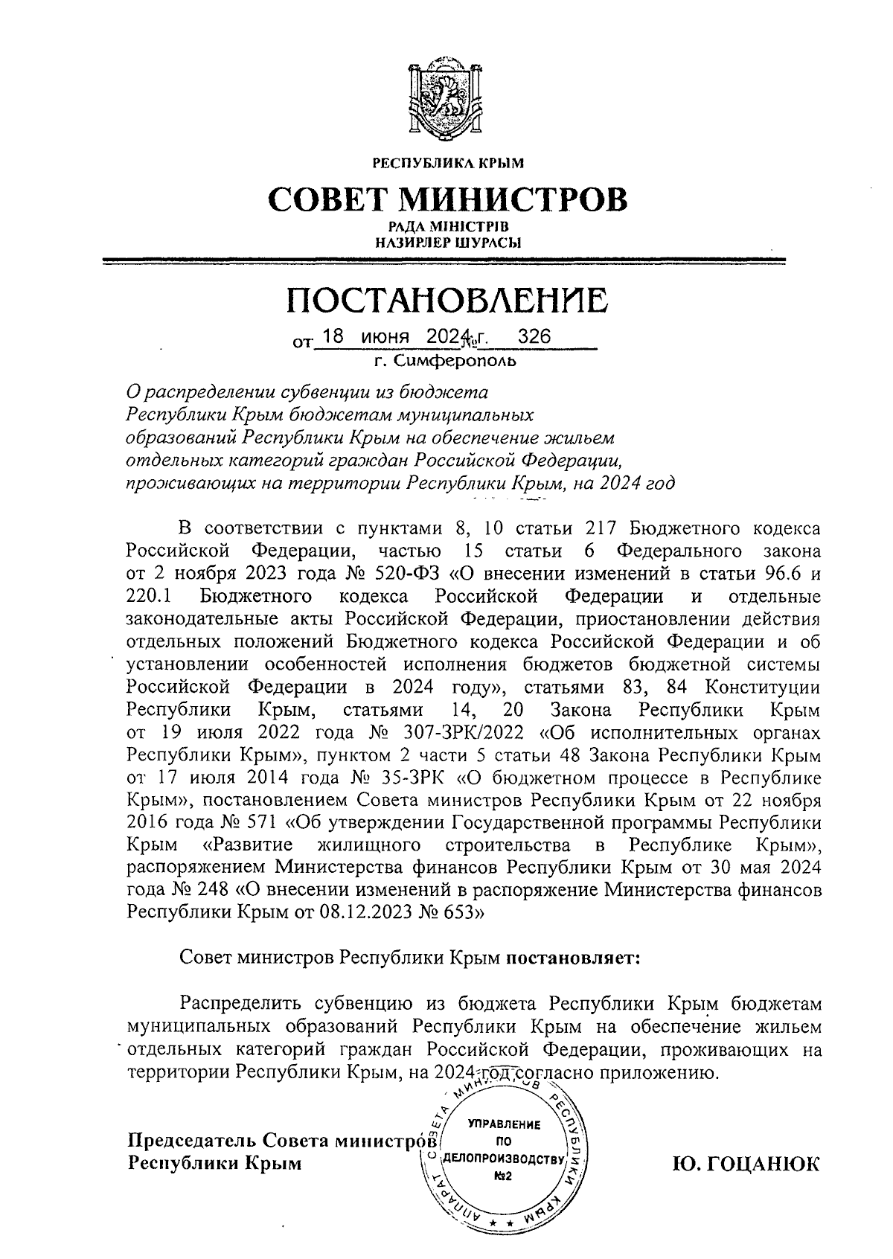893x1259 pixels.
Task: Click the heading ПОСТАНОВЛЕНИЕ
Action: click(447, 300)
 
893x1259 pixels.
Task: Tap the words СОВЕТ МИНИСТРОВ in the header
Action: click(447, 199)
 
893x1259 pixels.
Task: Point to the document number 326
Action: click(534, 337)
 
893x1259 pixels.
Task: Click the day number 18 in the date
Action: click(332, 337)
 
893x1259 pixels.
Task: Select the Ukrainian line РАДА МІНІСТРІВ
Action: click(447, 226)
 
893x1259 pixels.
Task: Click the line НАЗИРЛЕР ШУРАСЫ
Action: click(447, 242)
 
